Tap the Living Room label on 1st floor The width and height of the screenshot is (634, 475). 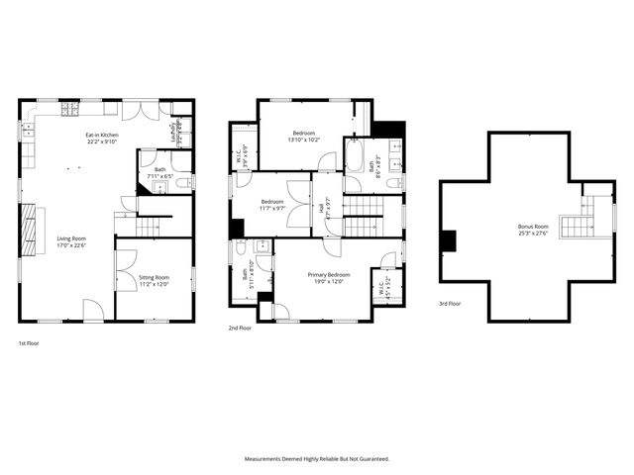click(x=70, y=237)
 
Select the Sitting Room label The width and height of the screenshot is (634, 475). click(x=154, y=277)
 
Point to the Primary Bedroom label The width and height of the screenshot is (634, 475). click(x=328, y=274)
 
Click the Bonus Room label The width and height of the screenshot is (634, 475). click(x=532, y=227)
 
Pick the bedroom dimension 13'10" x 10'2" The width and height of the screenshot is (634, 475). click(x=305, y=140)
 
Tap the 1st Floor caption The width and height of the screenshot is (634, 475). click(x=29, y=342)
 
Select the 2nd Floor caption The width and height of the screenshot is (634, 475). click(x=240, y=328)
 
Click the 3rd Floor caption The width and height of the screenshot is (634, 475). click(x=450, y=304)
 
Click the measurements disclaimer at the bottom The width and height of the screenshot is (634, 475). click(x=317, y=459)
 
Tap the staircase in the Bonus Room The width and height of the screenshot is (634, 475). click(x=576, y=227)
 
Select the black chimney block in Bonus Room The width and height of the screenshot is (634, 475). click(x=448, y=239)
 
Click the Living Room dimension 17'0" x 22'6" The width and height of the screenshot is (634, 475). click(x=70, y=244)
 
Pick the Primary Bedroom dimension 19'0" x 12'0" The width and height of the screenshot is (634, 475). click(x=328, y=281)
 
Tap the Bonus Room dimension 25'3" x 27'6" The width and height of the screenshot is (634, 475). click(x=532, y=234)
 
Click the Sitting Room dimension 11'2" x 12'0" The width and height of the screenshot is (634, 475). click(x=154, y=284)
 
